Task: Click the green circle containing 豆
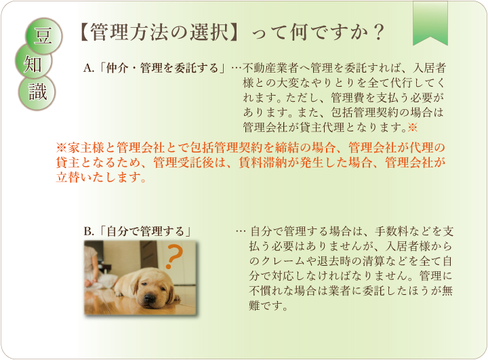click(x=43, y=36)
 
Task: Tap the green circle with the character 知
click(x=33, y=62)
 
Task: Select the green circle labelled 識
click(x=37, y=92)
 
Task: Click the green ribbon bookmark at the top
click(x=430, y=23)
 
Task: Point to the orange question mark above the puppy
click(x=173, y=256)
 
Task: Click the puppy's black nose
click(x=149, y=298)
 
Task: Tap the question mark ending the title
click(x=378, y=33)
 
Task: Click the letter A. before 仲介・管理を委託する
click(x=89, y=68)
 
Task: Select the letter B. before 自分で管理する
click(x=89, y=231)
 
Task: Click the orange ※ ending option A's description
click(x=412, y=127)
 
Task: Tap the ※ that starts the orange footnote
click(x=61, y=148)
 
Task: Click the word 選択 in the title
click(x=209, y=33)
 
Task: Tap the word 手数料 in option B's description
click(x=391, y=231)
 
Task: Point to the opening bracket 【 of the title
click(x=82, y=33)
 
